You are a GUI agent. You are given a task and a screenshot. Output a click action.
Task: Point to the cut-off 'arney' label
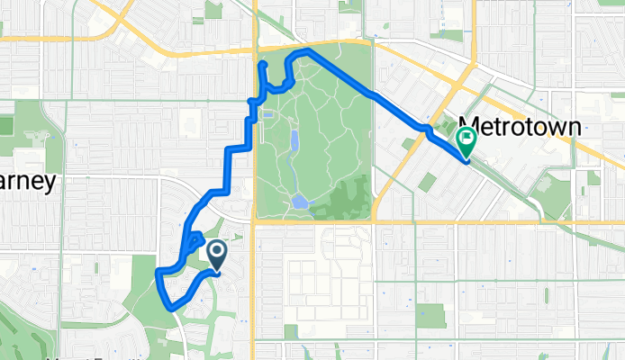tap(27, 181)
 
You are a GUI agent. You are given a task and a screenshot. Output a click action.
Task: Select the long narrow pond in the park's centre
tap(294, 143)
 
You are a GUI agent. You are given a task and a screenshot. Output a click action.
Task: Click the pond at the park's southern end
tap(299, 202)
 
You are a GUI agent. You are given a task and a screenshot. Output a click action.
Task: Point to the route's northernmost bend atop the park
tap(303, 51)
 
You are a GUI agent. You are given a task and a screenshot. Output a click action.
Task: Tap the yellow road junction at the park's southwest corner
tap(255, 220)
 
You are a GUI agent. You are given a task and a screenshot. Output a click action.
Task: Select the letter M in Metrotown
tap(468, 125)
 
